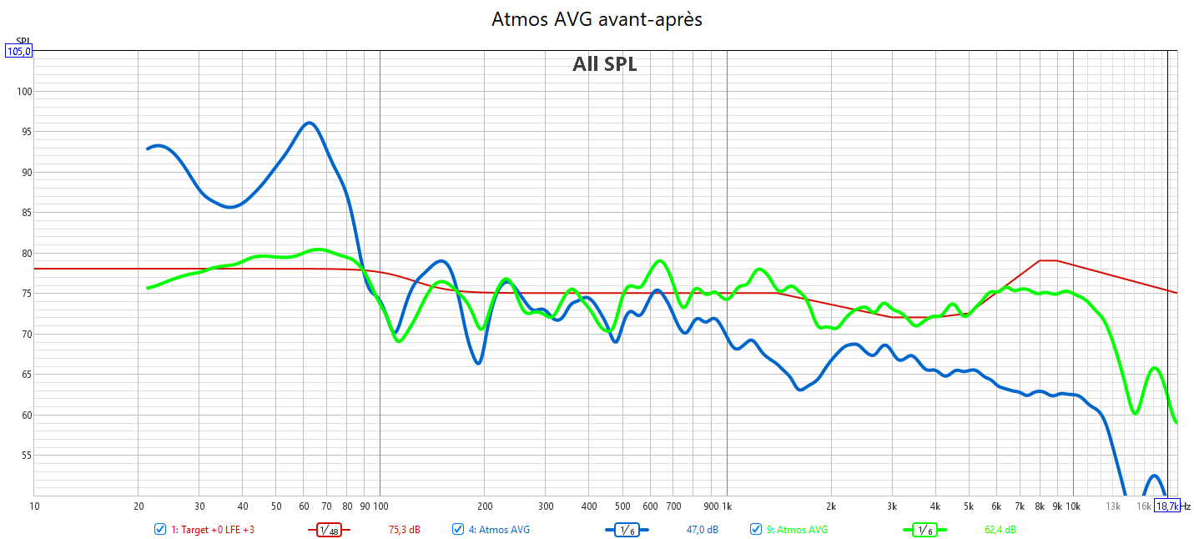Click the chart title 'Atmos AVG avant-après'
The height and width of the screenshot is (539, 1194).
(x=597, y=19)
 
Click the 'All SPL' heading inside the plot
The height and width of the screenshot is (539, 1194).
(x=604, y=64)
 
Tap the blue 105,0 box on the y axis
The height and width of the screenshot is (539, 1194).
(x=19, y=51)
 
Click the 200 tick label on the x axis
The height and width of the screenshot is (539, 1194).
(x=484, y=506)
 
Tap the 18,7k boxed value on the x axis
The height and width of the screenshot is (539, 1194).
(x=1166, y=506)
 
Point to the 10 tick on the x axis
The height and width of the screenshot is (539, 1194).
(x=34, y=506)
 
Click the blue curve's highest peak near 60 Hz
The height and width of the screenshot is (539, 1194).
(x=309, y=123)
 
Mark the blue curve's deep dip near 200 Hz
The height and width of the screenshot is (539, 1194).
(x=477, y=363)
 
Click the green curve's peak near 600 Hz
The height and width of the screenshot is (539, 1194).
(x=659, y=261)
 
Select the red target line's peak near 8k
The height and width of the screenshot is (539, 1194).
(x=1048, y=260)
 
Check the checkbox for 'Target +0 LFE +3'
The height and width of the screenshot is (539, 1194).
(x=160, y=529)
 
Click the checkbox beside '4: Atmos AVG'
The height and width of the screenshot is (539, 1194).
(x=458, y=529)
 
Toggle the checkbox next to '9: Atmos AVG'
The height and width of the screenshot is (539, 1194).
(x=756, y=529)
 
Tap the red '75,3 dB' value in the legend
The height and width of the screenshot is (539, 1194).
(x=405, y=530)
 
